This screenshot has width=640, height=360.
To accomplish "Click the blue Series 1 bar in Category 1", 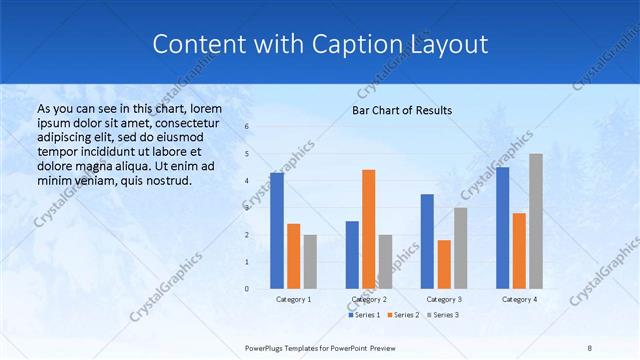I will click(x=276, y=231).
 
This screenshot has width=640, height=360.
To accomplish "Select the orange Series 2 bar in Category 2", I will click(x=368, y=229).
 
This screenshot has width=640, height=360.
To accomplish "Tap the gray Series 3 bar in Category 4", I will click(x=536, y=221).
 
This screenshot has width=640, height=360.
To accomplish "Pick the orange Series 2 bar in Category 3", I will click(x=444, y=264).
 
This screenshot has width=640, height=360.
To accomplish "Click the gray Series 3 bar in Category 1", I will click(x=310, y=262).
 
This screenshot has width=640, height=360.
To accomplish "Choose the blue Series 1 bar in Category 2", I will click(x=352, y=255).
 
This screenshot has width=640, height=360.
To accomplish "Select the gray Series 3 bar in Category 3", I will click(x=460, y=248).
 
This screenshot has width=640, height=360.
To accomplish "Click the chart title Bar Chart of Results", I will click(x=402, y=110).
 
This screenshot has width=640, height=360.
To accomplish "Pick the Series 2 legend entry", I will click(x=402, y=315).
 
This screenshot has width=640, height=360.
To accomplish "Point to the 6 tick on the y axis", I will click(x=247, y=127).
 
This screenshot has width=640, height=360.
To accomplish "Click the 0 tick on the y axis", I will click(x=247, y=289).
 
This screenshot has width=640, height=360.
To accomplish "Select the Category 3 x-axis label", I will click(x=444, y=299).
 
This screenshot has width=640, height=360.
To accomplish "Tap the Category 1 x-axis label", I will click(x=293, y=299).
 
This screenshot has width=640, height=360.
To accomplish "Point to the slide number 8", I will click(x=590, y=348).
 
